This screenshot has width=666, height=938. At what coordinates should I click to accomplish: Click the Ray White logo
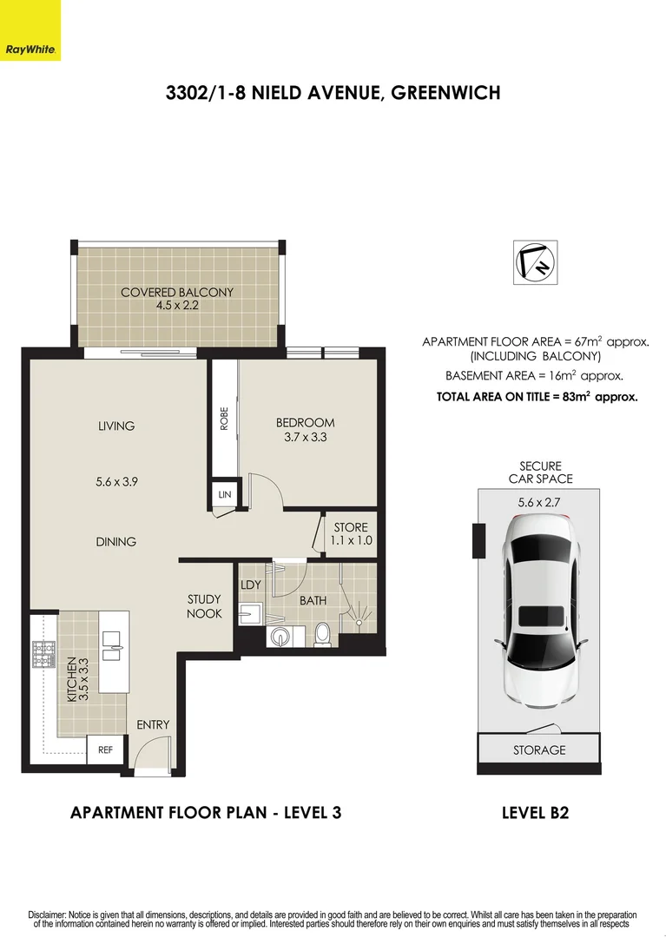30,30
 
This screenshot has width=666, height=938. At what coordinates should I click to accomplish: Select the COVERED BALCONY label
176,293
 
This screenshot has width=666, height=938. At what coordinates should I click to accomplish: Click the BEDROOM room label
305,423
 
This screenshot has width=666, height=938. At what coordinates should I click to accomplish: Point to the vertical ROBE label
224,419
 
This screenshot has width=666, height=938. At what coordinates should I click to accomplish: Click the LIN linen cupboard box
224,494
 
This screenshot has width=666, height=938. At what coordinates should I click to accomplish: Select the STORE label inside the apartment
350,527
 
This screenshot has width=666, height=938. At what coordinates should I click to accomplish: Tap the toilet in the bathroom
322,633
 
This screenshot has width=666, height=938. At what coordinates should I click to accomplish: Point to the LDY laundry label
251,585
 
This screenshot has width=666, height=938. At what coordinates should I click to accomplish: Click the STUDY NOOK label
205,606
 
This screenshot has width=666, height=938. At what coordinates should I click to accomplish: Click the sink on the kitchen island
114,642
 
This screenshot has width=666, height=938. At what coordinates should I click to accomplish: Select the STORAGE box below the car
538,750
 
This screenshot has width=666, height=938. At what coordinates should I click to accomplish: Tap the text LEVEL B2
535,813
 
